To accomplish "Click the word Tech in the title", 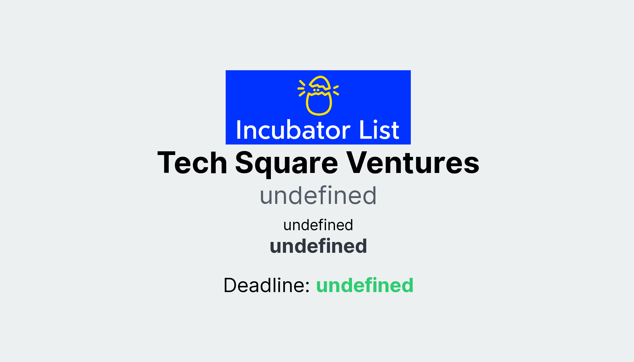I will click(192, 163).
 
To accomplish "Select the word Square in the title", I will click(286, 163).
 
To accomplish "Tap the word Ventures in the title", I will click(413, 163).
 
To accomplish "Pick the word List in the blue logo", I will click(379, 130).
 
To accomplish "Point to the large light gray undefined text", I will click(318, 196).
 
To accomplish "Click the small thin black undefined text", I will click(318, 225).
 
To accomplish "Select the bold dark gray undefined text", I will click(318, 246).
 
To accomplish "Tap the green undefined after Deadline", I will click(365, 285).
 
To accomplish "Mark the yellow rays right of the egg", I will click(336, 90).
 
